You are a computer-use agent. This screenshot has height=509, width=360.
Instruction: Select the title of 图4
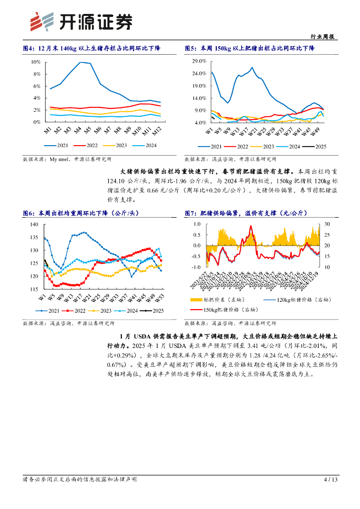[93, 48]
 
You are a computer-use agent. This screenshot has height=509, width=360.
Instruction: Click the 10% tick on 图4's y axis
[35, 62]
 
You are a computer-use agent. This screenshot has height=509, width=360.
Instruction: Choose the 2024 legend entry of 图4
[145, 145]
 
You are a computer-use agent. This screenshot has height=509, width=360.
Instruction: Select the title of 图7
[246, 213]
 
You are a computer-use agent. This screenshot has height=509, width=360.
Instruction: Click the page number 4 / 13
[331, 479]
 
